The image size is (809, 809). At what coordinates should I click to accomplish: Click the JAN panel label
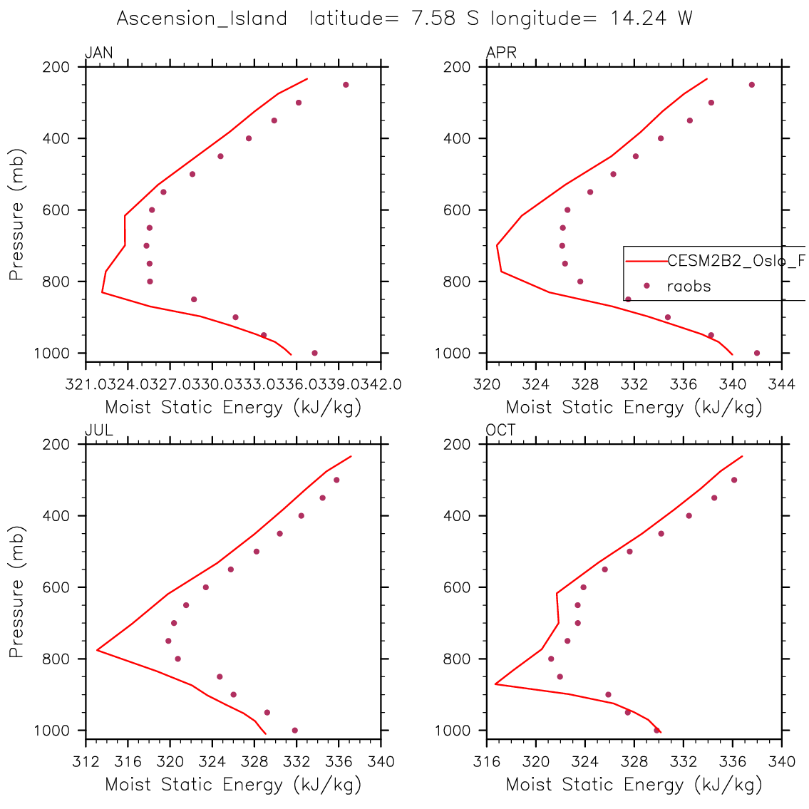coord(98,53)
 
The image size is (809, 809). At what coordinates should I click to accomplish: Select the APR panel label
coord(501,53)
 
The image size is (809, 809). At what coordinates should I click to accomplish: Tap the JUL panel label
coord(98,431)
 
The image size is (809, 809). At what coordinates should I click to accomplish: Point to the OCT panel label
coord(501,431)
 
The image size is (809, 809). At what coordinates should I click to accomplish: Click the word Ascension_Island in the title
coord(202,19)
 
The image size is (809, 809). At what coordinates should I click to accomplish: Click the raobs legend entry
coord(689,287)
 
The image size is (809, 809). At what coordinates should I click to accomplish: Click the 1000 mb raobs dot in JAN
coord(314,353)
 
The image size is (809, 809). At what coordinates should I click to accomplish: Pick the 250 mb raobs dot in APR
coord(751,85)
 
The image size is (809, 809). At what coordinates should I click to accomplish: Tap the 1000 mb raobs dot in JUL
coord(294,730)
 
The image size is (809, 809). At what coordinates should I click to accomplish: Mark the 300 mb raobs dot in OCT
coord(733,480)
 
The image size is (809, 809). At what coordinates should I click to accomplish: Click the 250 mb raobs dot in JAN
coord(346,85)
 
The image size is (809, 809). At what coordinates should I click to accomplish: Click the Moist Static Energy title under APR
coord(634,408)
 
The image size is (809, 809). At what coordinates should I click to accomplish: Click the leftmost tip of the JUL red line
coord(97,649)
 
